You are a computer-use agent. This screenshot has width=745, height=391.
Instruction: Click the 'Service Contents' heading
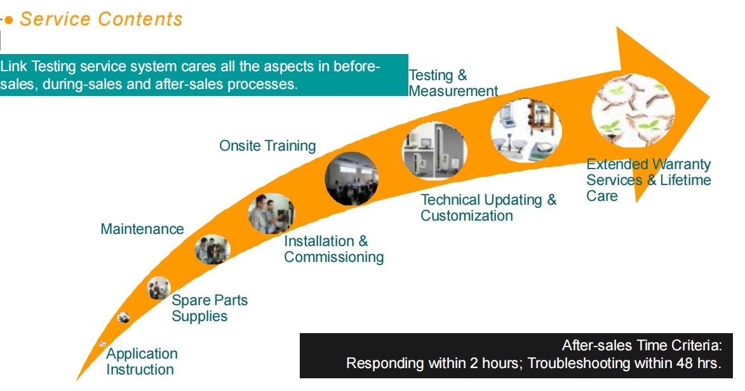(x=101, y=19)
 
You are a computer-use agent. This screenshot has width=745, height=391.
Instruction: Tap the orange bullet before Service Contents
(x=9, y=20)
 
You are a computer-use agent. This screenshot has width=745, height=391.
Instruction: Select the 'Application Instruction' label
(x=142, y=361)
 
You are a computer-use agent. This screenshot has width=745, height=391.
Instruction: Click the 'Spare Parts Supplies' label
(x=210, y=308)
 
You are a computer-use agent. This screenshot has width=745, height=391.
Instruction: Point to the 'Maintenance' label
(x=142, y=229)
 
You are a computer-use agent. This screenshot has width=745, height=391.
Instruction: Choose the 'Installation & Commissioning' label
(x=333, y=249)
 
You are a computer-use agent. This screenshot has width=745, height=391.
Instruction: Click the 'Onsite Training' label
(x=267, y=146)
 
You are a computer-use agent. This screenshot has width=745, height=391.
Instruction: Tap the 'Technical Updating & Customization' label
(x=488, y=207)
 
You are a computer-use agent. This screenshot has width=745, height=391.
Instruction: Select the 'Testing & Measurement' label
(x=453, y=83)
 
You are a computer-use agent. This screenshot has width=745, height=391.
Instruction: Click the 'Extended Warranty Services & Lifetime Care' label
(x=648, y=180)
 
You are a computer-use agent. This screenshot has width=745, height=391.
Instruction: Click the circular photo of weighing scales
(x=526, y=130)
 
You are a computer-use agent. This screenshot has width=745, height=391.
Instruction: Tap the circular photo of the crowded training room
(x=351, y=179)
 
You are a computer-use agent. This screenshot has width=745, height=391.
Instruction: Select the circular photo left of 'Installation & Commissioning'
(x=271, y=214)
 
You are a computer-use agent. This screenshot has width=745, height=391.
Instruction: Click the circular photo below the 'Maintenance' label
(x=212, y=249)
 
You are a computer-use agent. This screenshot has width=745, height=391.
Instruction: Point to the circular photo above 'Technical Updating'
(x=434, y=152)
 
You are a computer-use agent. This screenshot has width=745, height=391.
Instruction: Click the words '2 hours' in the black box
(x=482, y=364)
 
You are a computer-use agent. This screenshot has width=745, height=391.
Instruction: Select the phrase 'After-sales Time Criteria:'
(x=641, y=346)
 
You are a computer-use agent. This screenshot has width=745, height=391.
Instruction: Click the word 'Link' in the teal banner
(x=14, y=67)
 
